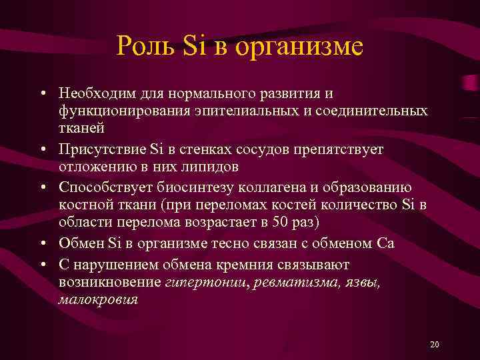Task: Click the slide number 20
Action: pos(435,344)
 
